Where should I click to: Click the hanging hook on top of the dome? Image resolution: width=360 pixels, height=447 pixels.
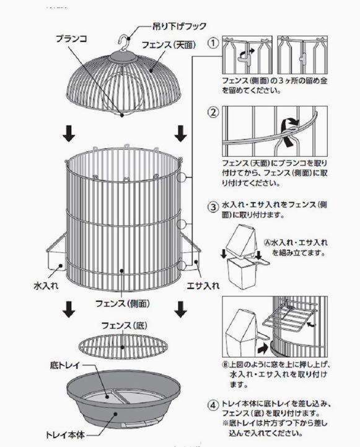pyautogui.click(x=123, y=43)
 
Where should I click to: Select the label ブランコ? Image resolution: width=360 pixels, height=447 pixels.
pyautogui.click(x=71, y=38)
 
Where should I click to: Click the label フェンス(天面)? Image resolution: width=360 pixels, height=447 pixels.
pyautogui.click(x=169, y=45)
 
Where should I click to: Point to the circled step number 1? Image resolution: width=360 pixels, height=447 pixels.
pyautogui.click(x=213, y=43)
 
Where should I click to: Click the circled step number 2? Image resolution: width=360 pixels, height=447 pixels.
pyautogui.click(x=213, y=112)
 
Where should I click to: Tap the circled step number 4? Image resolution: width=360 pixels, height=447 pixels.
pyautogui.click(x=213, y=405)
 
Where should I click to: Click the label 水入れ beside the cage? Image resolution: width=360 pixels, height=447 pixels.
pyautogui.click(x=46, y=285)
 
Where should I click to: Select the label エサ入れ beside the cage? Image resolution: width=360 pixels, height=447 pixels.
pyautogui.click(x=203, y=285)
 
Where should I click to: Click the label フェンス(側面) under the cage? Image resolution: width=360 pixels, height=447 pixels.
pyautogui.click(x=123, y=303)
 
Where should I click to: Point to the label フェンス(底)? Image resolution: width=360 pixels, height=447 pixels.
pyautogui.click(x=124, y=325)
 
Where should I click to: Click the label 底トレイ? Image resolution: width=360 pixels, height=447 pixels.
pyautogui.click(x=65, y=365)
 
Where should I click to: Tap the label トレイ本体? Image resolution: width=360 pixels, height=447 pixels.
pyautogui.click(x=65, y=435)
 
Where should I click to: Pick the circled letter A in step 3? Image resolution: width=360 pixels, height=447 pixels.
pyautogui.click(x=268, y=242)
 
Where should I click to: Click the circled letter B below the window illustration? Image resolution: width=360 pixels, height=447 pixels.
pyautogui.click(x=226, y=365)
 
